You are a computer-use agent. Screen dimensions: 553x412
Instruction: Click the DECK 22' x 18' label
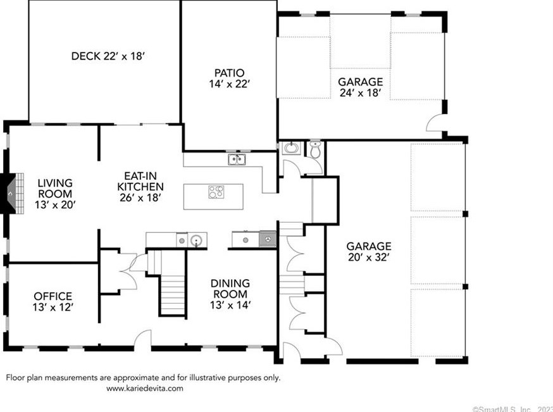pos(108,56)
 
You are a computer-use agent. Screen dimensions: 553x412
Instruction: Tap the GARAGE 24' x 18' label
pos(361,87)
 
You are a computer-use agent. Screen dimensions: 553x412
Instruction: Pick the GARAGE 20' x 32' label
pos(368,251)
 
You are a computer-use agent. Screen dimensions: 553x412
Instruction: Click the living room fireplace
pos(13,193)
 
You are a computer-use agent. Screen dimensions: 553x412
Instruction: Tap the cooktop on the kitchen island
pos(216,192)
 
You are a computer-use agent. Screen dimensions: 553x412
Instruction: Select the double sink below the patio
pos(237,159)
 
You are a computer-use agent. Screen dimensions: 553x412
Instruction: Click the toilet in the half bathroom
pos(315,150)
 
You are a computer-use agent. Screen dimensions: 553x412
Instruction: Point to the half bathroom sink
pos(291,147)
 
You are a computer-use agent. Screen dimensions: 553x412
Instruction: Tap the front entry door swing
pos(143,338)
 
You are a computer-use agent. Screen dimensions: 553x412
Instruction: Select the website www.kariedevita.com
pos(145,389)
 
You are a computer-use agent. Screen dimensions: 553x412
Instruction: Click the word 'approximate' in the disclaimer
pos(136,378)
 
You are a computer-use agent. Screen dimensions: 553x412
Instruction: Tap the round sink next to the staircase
pos(196,240)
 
